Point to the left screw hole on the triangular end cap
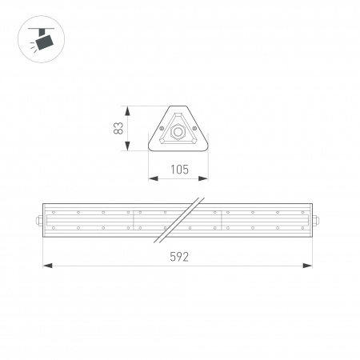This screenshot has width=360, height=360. tap(162, 127)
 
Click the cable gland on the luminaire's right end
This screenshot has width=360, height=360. tap(316, 222)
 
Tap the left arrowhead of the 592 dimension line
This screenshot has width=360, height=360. tap(46, 265)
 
